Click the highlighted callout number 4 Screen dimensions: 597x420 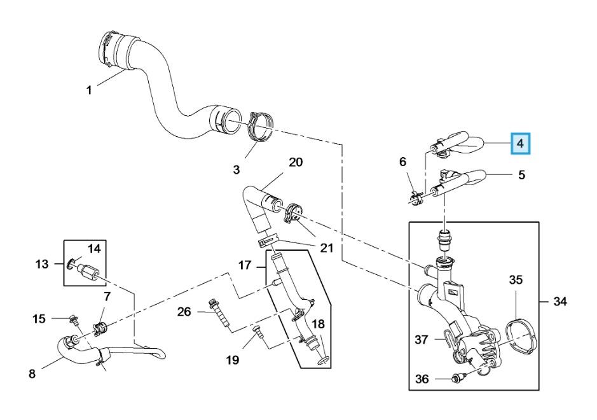[x=520, y=144]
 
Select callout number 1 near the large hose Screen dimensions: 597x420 [x=89, y=90]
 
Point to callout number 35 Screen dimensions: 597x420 [x=516, y=280]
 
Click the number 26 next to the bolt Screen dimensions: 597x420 [x=184, y=312]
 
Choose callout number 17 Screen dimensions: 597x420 [x=245, y=265]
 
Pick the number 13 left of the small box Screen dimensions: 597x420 [x=42, y=263]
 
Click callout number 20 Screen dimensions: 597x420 [x=296, y=162]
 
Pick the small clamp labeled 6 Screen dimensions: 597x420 [x=416, y=199]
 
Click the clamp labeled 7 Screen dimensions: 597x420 [x=100, y=328]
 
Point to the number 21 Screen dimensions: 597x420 [x=326, y=248]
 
